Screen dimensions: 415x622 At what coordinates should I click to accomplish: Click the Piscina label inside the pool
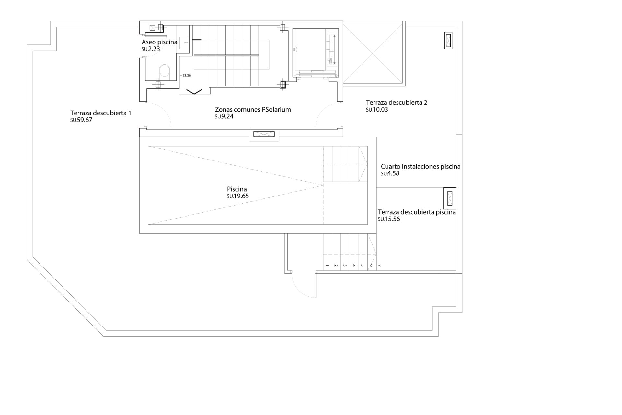pos(237,189)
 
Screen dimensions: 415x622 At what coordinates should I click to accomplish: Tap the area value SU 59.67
pos(81,120)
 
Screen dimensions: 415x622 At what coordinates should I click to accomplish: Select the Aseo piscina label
pos(159,42)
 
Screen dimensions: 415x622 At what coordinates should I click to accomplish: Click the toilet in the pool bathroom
pos(165,71)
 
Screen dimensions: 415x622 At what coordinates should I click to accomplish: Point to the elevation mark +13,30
pos(185,76)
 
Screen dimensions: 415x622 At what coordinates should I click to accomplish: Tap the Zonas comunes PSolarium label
pos(253,110)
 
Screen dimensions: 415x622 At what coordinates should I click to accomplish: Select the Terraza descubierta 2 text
pos(397,103)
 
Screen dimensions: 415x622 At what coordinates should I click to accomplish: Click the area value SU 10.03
pos(377,110)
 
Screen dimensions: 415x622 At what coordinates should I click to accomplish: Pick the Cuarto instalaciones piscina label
pos(420,167)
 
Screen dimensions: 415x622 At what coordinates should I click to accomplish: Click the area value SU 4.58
pos(390,173)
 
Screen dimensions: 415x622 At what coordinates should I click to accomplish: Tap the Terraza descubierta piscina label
pos(417,212)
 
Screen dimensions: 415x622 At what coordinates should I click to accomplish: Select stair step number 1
pos(327,266)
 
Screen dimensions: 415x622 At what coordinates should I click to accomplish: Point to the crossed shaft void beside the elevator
pos(373,53)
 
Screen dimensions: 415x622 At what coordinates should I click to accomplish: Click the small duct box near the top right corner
pos(448,41)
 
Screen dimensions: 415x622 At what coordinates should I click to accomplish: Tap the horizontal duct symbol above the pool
pos(264,134)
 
